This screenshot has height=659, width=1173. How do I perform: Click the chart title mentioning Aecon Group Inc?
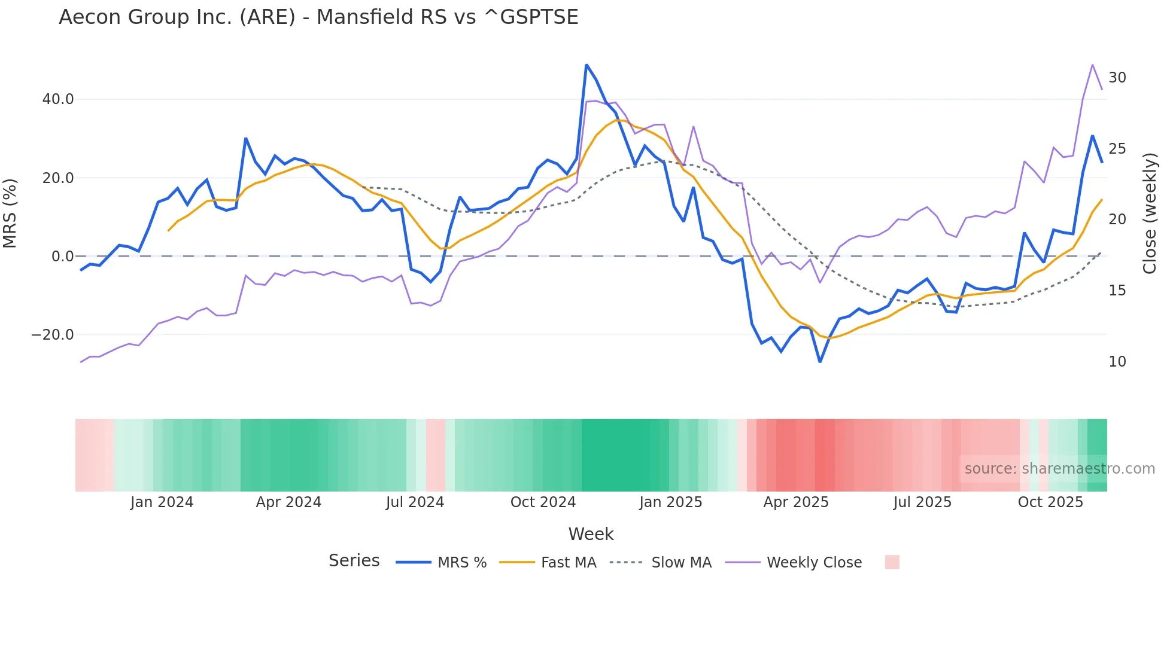tap(318, 17)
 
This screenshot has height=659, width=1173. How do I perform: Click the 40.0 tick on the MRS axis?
tap(57, 99)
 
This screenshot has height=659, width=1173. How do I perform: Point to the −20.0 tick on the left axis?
tap(53, 335)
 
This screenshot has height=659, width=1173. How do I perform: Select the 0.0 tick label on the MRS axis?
tap(62, 257)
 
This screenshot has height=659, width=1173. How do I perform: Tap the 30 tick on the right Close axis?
tap(1117, 78)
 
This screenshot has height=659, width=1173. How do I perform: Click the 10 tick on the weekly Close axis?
tap(1117, 362)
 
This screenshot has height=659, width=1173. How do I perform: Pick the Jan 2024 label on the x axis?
tap(162, 502)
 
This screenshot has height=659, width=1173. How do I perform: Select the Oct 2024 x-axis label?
tap(543, 502)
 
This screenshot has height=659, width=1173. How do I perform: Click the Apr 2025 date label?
tap(795, 502)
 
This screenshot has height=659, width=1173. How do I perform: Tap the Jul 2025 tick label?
tap(922, 502)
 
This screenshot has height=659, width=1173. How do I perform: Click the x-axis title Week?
tap(591, 534)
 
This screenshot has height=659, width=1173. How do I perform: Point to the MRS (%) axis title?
tap(10, 213)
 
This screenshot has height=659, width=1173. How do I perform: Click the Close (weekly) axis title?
tap(1150, 213)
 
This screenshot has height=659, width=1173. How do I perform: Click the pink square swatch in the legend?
tap(892, 562)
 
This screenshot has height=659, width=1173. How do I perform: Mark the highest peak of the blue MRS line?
tap(586, 65)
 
